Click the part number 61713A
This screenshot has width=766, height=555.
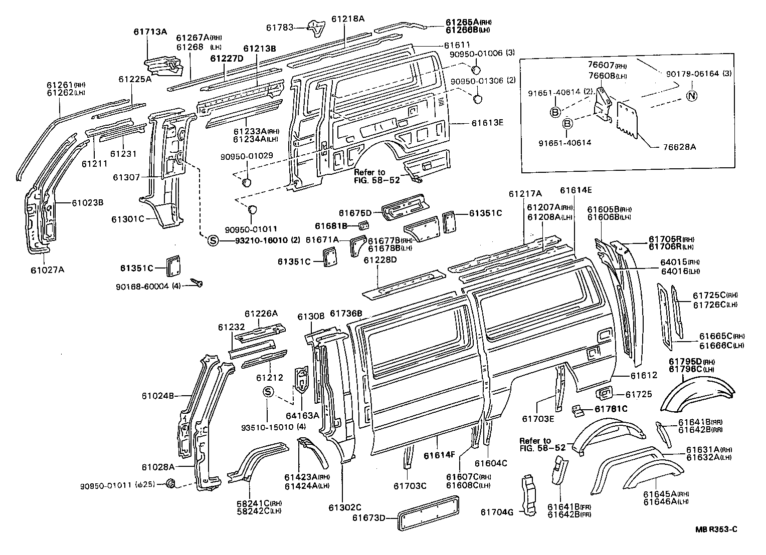tap(150, 32)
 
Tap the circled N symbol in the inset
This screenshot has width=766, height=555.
tap(692, 96)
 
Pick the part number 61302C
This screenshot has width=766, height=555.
tap(345, 507)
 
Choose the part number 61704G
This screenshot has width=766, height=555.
tap(497, 512)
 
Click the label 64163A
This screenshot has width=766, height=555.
tap(302, 415)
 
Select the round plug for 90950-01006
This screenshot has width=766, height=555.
tap(477, 69)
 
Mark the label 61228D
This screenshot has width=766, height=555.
tap(380, 259)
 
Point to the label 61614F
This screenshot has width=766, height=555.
tap(439, 456)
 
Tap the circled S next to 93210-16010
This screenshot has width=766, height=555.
tap(213, 240)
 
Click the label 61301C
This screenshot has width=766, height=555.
tap(128, 219)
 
